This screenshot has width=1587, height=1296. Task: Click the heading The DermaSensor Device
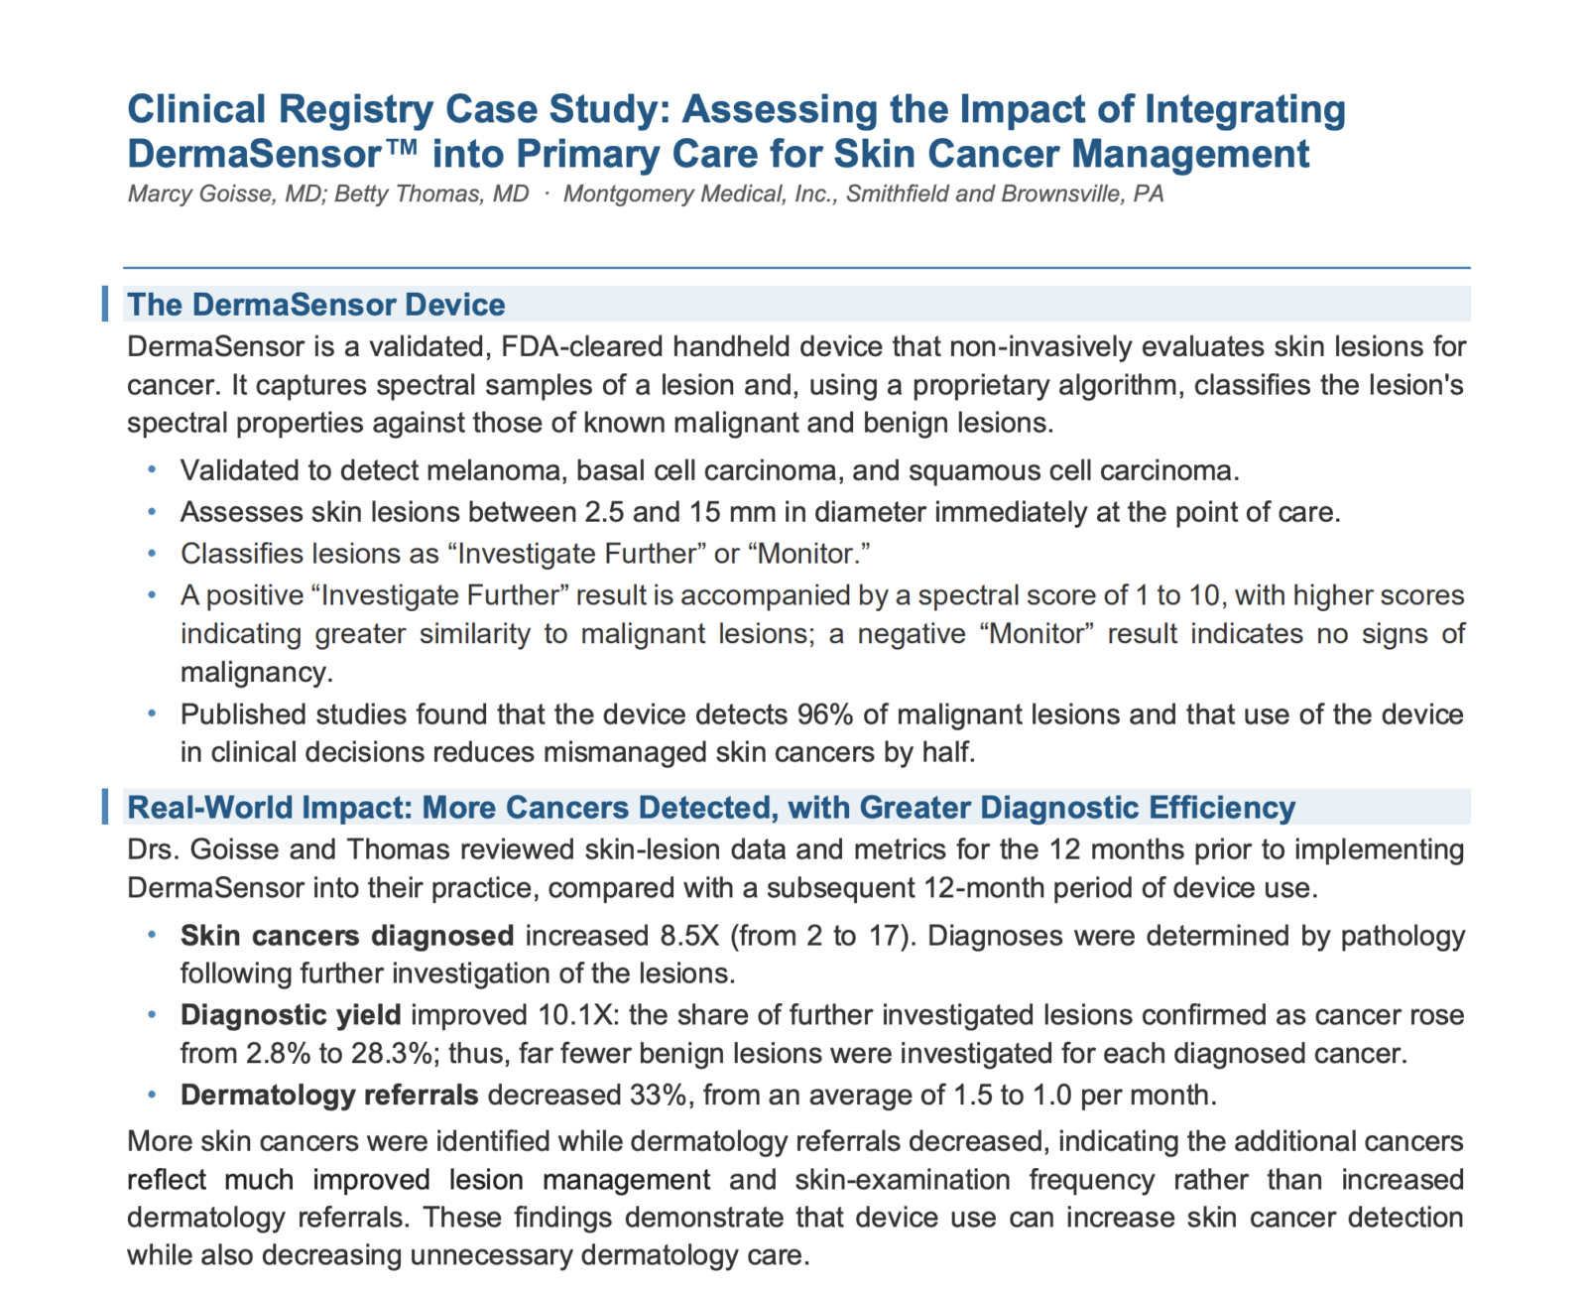click(316, 305)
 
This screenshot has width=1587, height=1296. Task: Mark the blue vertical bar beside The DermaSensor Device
click(105, 304)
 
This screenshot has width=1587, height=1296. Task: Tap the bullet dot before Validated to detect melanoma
click(152, 470)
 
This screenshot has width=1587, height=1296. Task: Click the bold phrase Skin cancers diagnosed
click(347, 936)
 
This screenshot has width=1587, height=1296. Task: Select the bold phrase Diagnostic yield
click(291, 1015)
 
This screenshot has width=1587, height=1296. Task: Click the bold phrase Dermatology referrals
click(329, 1095)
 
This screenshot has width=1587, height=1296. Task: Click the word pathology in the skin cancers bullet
click(1403, 936)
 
